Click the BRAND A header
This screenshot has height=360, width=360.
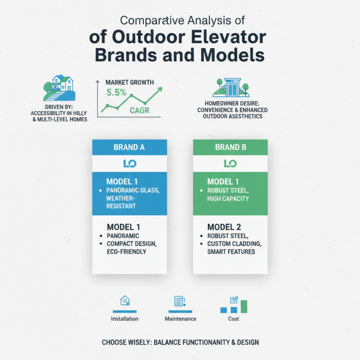[x=130, y=147]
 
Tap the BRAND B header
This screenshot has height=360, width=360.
[x=230, y=147]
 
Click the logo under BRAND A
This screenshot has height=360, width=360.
[x=130, y=163]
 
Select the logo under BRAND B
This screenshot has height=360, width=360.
[x=230, y=163]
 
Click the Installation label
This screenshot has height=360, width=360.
[x=125, y=319]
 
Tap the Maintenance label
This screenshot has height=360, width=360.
[x=180, y=319]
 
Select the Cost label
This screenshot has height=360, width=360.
[x=234, y=319]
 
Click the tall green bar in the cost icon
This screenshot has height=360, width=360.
[x=244, y=306]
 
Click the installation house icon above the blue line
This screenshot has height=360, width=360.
[x=125, y=301]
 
